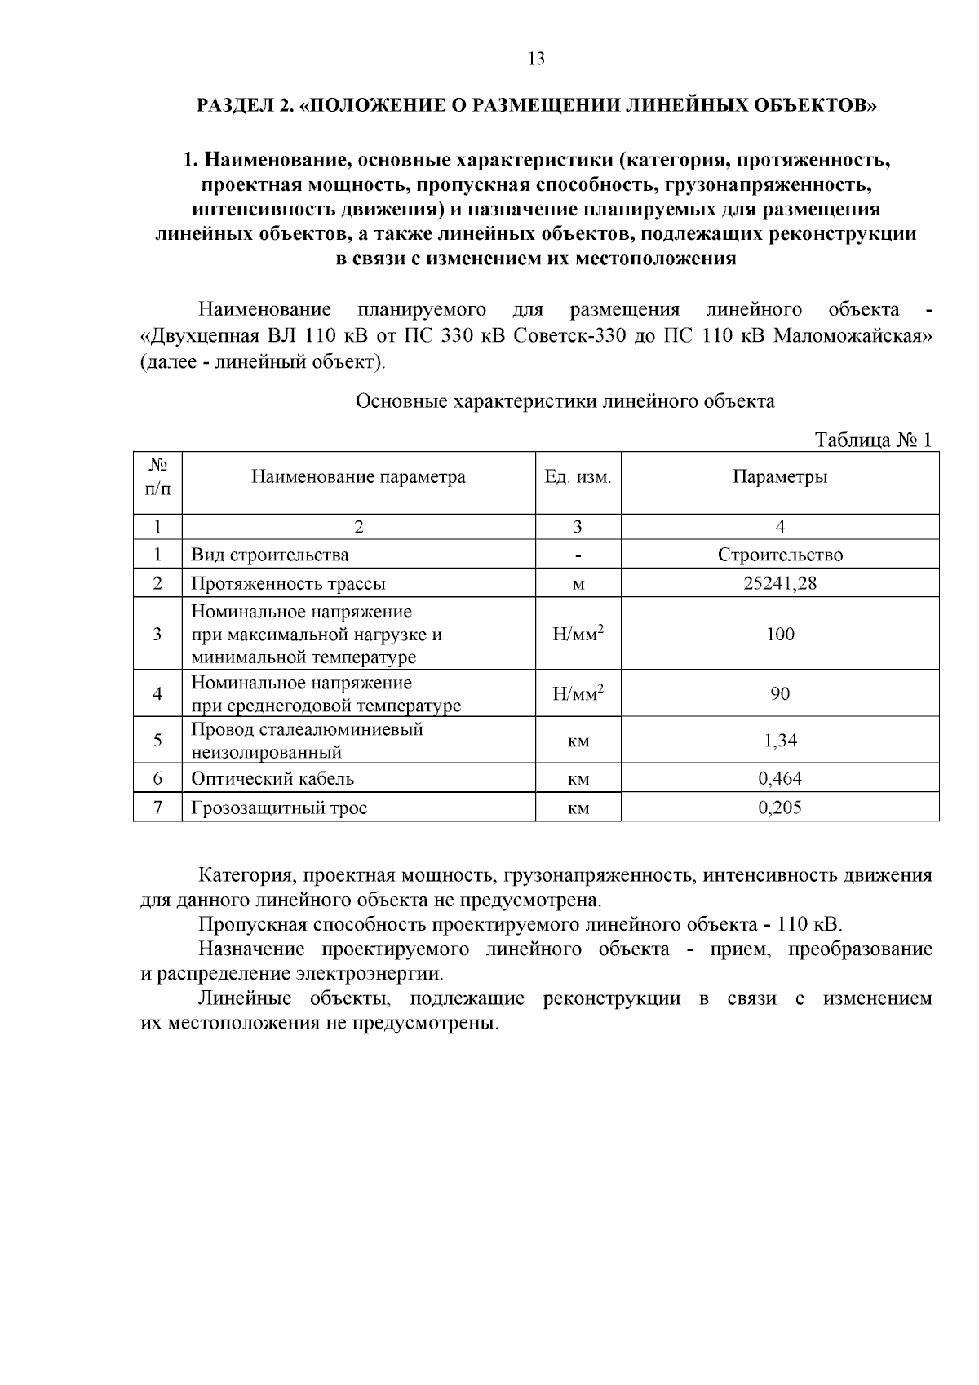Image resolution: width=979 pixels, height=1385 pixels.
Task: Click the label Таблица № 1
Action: (873, 440)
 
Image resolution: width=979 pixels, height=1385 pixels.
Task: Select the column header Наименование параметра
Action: (358, 477)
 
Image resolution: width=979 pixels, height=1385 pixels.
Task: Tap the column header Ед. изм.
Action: (578, 477)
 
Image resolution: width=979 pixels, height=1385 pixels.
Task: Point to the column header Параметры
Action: (779, 477)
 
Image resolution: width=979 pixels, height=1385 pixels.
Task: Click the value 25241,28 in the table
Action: (779, 584)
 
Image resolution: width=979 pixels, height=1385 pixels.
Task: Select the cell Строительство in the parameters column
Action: (779, 555)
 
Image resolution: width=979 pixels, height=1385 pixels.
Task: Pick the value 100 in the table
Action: (779, 635)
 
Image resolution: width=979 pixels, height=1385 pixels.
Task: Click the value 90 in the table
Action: (779, 694)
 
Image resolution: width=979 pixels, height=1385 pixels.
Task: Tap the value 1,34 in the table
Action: (779, 741)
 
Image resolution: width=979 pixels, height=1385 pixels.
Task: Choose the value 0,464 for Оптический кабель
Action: (779, 778)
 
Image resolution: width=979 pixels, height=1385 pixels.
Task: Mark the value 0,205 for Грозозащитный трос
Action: (779, 808)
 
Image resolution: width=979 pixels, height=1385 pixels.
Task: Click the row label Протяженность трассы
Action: (288, 584)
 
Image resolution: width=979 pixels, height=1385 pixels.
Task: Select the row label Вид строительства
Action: (269, 555)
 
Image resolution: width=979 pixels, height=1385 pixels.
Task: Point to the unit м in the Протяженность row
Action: (578, 585)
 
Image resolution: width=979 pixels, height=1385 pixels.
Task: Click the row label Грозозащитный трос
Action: (279, 808)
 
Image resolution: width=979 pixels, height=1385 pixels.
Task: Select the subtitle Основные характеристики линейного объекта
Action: (565, 401)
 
